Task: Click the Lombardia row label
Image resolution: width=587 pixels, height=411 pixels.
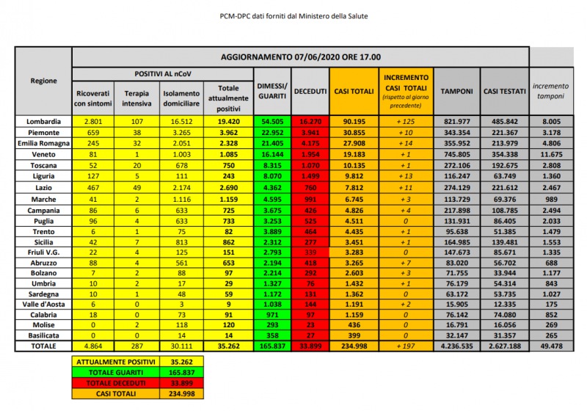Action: (x=44, y=120)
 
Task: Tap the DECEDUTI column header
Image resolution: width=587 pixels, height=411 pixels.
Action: (x=310, y=90)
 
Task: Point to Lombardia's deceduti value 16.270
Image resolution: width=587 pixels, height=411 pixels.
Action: (x=310, y=120)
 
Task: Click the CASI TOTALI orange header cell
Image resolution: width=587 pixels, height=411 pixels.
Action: (x=352, y=90)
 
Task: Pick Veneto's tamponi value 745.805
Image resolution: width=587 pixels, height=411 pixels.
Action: (x=456, y=156)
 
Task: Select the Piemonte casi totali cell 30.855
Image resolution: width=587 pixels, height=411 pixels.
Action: (x=352, y=132)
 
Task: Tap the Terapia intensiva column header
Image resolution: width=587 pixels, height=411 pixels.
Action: (x=137, y=98)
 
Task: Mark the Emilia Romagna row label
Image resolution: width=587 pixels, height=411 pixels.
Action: (x=44, y=144)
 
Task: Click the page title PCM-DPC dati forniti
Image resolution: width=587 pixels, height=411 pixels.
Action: (x=293, y=16)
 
